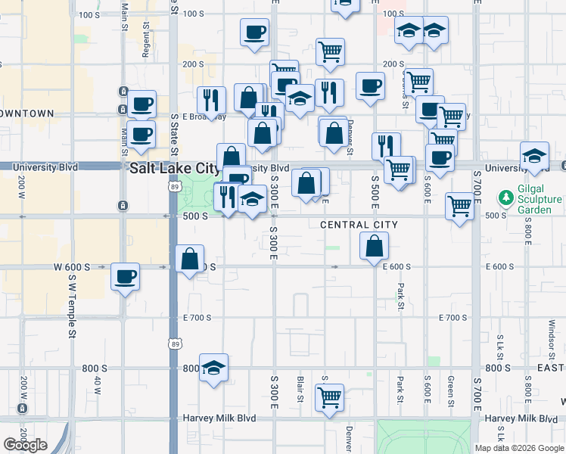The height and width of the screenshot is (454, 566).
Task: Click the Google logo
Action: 25,445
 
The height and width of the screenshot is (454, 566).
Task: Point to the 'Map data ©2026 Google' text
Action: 518,448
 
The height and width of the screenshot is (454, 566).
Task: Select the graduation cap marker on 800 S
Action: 214,367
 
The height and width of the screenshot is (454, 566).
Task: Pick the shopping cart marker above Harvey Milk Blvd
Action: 329,397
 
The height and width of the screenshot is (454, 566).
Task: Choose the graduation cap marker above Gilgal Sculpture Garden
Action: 534,155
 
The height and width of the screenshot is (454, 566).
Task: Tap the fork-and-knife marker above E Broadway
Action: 211,99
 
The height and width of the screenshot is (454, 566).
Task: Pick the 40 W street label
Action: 98,384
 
